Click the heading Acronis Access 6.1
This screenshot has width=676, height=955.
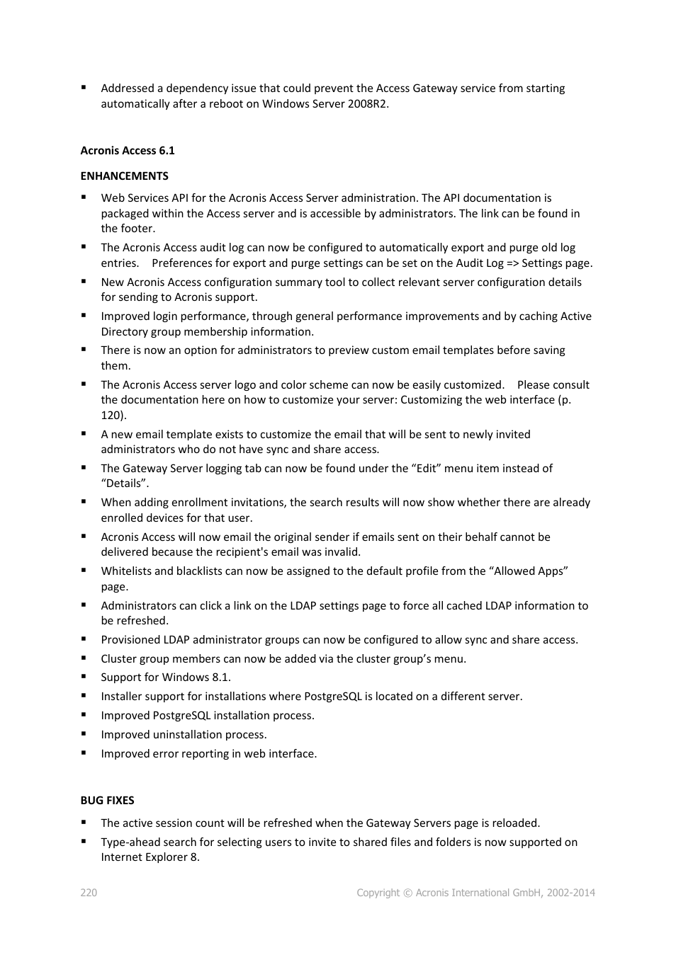tap(128, 151)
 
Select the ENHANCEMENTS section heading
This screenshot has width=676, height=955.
tap(125, 176)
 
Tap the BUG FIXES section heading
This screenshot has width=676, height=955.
tap(107, 801)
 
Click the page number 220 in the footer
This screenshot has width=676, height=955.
tap(89, 893)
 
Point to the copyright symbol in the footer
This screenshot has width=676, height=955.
tap(407, 893)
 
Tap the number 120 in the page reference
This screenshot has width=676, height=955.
tap(111, 416)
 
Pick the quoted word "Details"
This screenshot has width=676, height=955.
tap(125, 484)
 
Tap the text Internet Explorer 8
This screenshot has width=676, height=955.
tap(150, 857)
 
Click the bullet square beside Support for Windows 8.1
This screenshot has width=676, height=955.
tap(84, 677)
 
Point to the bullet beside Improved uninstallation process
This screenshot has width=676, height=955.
tap(84, 734)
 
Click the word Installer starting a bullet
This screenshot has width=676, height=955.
tap(121, 697)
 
